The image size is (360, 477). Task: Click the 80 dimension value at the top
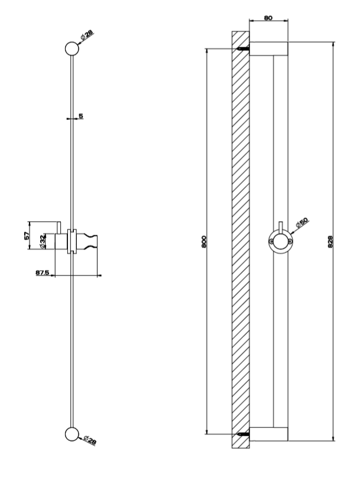[268, 18]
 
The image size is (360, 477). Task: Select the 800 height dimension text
[204, 241]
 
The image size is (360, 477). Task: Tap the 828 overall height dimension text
[330, 241]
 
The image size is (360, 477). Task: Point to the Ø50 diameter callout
[302, 222]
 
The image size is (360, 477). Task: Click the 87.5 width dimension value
[43, 272]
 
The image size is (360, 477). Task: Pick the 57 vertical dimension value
[27, 236]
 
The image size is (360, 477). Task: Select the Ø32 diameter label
[43, 242]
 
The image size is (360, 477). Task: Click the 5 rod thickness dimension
[80, 116]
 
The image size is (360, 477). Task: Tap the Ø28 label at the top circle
[87, 35]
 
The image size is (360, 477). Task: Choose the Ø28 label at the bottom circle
[89, 440]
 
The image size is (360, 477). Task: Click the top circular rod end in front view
[72, 48]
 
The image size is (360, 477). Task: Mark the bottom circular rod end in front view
[72, 434]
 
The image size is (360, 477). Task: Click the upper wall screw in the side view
[244, 48]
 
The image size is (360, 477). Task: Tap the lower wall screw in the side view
[244, 434]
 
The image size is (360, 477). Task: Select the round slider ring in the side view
[281, 231]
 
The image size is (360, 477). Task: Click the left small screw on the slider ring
[271, 242]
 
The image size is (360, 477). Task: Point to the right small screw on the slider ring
[290, 242]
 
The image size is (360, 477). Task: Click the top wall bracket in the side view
[269, 48]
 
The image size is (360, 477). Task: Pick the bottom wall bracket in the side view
[269, 434]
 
